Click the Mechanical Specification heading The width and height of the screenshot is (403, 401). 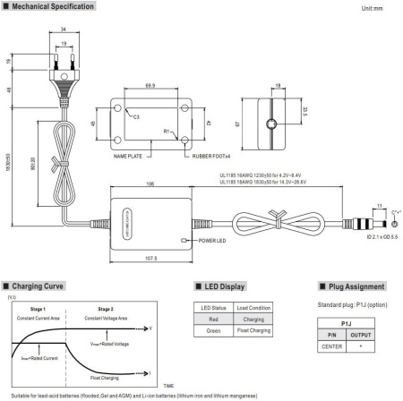pyautogui.click(x=49, y=7)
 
